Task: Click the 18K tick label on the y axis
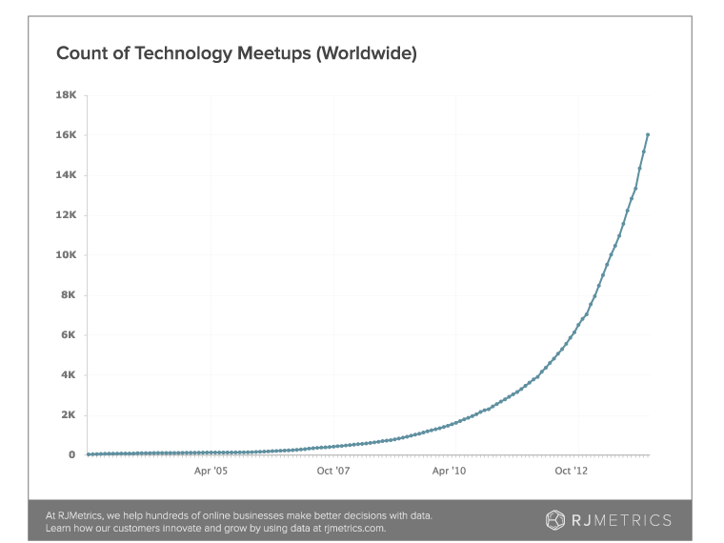[x=66, y=95]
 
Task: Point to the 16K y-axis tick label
[x=66, y=135]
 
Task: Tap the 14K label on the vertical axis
[x=66, y=175]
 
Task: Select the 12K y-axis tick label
[x=66, y=215]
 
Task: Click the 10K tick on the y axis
[x=66, y=255]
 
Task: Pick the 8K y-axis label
[x=69, y=295]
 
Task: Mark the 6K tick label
[x=69, y=335]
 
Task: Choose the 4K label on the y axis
[x=69, y=375]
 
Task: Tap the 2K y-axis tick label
[x=69, y=415]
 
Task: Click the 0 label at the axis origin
[x=71, y=455]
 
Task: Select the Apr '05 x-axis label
[x=211, y=470]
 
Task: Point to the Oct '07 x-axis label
[x=333, y=470]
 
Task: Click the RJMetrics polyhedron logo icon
[x=554, y=519]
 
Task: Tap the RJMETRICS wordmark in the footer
[x=620, y=519]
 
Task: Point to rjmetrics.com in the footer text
[x=354, y=527]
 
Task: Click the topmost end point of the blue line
[x=649, y=134]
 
